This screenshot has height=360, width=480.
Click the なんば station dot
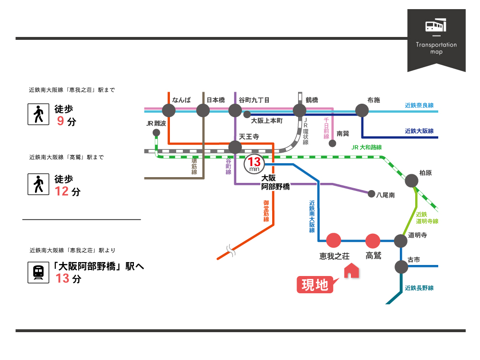[169, 111]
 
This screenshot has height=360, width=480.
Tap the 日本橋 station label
[216, 100]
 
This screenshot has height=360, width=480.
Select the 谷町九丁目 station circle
[235, 111]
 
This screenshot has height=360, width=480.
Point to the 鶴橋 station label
[312, 100]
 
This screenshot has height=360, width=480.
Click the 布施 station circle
[361, 110]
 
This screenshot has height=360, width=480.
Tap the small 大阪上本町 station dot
[247, 114]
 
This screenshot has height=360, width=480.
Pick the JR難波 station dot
[156, 132]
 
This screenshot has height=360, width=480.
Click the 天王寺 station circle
[235, 147]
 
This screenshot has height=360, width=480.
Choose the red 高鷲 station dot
[373, 240]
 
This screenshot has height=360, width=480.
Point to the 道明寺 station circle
[400, 241]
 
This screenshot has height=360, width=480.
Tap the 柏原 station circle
[411, 180]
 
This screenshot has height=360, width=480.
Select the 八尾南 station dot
[371, 194]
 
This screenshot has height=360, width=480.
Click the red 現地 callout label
[315, 285]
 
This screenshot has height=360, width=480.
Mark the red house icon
[352, 271]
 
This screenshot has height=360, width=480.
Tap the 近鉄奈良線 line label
[419, 105]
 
